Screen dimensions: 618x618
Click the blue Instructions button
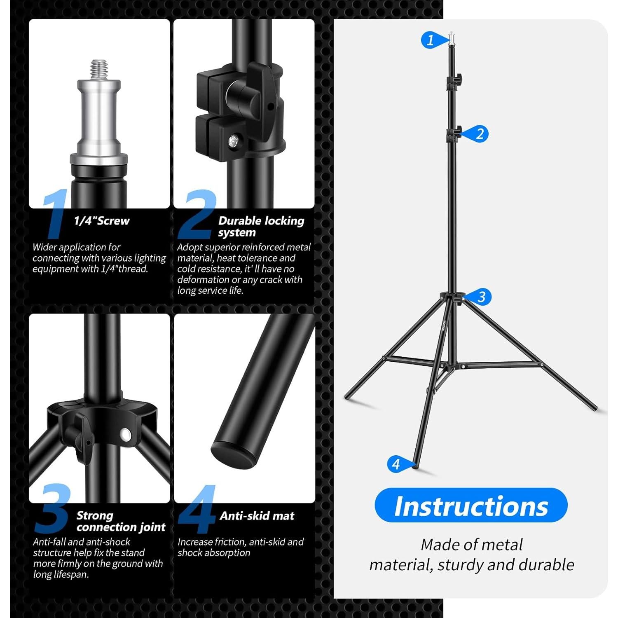point(471,506)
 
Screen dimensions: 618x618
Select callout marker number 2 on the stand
point(479,134)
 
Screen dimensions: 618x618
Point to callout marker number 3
point(481,297)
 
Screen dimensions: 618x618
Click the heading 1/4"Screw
point(102,221)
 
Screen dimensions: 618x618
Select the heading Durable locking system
point(261,226)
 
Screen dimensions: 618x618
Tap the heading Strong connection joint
point(121,521)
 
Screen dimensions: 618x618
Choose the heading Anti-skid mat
point(257,516)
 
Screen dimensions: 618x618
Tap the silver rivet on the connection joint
point(124,433)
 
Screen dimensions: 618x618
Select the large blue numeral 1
point(55,214)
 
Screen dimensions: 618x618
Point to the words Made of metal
point(471,545)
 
